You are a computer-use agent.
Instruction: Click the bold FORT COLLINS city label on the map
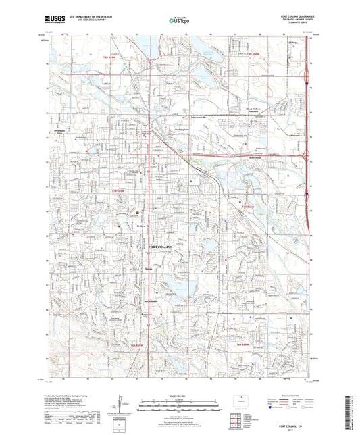[161, 247]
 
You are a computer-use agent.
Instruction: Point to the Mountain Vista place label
[59, 132]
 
